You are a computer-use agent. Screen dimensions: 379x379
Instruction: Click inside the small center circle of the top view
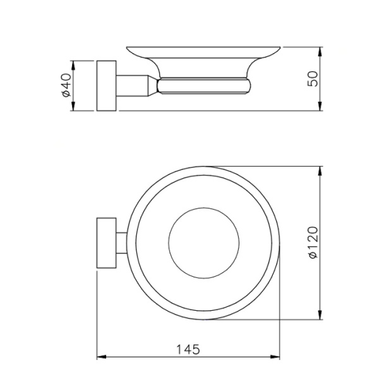point(205,243)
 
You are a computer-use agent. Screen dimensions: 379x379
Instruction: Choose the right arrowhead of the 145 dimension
point(276,359)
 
